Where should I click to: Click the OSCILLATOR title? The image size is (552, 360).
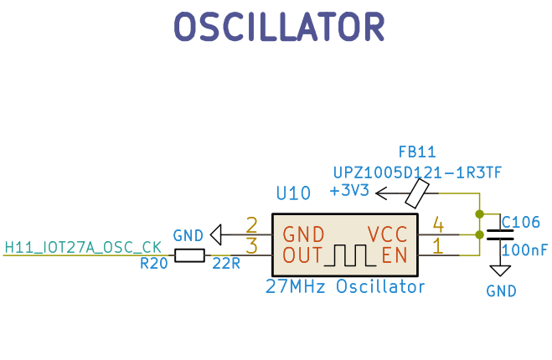pyautogui.click(x=279, y=28)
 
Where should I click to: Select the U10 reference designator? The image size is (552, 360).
pyautogui.click(x=293, y=193)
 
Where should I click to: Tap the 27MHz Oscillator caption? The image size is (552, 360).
pyautogui.click(x=345, y=287)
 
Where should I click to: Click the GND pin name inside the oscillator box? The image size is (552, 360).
pyautogui.click(x=302, y=234)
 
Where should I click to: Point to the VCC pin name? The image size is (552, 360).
pyautogui.click(x=387, y=234)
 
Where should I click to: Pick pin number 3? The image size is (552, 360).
pyautogui.click(x=251, y=245)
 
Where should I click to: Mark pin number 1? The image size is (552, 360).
pyautogui.click(x=436, y=245)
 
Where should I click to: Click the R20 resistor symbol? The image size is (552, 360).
pyautogui.click(x=189, y=255)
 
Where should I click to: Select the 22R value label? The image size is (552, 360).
pyautogui.click(x=226, y=264)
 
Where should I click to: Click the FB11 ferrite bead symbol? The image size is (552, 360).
pyautogui.click(x=417, y=195)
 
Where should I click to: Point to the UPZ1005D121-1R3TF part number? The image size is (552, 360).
pyautogui.click(x=417, y=172)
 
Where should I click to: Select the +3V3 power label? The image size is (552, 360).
pyautogui.click(x=349, y=191)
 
